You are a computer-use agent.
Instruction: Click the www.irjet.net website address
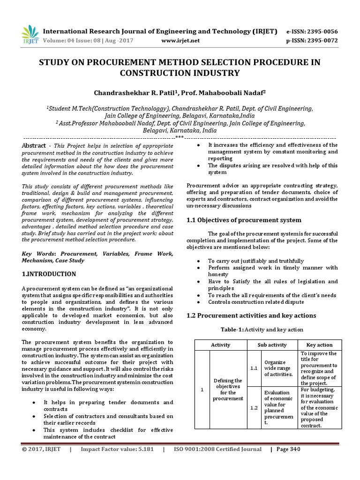pyautogui.click(x=180, y=41)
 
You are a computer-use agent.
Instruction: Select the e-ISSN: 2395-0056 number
pyautogui.click(x=311, y=31)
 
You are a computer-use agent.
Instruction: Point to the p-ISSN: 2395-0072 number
pyautogui.click(x=311, y=41)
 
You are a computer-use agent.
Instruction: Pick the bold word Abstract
pyautogui.click(x=34, y=146)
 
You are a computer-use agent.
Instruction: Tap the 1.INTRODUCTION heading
pyautogui.click(x=49, y=274)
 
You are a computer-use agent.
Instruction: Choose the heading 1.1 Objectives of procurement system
pyautogui.click(x=244, y=220)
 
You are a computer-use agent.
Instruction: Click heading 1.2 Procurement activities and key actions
pyautogui.click(x=251, y=315)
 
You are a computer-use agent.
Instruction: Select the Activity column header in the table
pyautogui.click(x=221, y=345)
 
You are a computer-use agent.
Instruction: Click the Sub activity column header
pyautogui.click(x=272, y=345)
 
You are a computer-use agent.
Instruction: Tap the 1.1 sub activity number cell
pyautogui.click(x=254, y=368)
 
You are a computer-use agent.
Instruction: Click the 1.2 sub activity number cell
pyautogui.click(x=254, y=408)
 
